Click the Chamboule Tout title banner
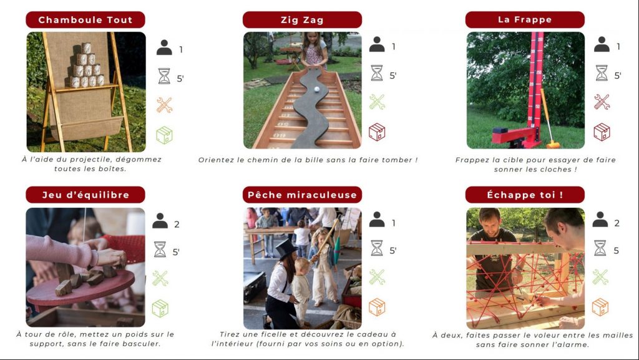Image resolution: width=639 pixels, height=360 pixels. click(x=85, y=19)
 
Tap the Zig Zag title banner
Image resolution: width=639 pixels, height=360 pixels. click(x=302, y=19)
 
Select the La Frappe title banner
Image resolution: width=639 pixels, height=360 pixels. click(x=525, y=19)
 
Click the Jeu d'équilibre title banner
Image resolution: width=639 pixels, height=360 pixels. click(x=85, y=195)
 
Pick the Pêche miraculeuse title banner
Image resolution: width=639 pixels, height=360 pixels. click(x=302, y=195)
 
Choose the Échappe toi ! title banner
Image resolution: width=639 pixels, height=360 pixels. click(x=525, y=195)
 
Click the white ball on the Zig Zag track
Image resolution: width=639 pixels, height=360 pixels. click(x=316, y=89)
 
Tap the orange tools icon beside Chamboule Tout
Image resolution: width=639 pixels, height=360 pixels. click(x=164, y=105)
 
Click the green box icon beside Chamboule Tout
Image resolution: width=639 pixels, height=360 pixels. click(x=164, y=135)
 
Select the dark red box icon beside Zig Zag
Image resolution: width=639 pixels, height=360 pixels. click(x=377, y=132)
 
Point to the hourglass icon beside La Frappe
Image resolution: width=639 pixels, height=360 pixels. click(x=602, y=73)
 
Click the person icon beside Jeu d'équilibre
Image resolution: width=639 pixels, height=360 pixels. click(x=160, y=221)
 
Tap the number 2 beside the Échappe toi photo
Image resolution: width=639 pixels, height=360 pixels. click(x=617, y=223)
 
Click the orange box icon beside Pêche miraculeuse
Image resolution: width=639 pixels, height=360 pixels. click(x=377, y=307)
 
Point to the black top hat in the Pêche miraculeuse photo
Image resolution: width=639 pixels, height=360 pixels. click(x=286, y=248)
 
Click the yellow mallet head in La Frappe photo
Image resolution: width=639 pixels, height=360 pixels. click(x=553, y=145)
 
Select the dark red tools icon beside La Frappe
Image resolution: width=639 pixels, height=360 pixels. click(x=602, y=102)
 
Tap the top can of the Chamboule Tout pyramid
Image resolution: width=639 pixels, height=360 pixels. click(x=86, y=48)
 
